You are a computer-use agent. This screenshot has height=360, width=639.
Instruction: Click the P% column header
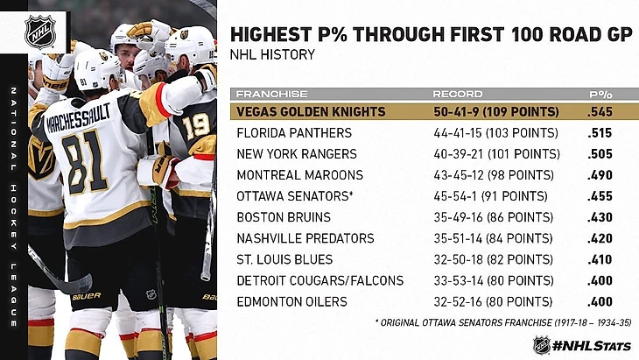coord(599,94)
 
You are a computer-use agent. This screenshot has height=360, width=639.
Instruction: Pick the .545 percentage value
coord(600,112)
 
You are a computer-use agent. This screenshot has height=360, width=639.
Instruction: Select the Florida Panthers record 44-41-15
coord(495,133)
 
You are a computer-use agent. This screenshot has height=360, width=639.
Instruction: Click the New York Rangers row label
coord(295,154)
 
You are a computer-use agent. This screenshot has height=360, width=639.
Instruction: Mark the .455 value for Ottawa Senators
coord(600,196)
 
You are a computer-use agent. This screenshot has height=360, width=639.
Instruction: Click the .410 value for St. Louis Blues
coord(600,259)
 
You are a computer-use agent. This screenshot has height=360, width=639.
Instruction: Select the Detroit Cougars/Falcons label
coord(320,280)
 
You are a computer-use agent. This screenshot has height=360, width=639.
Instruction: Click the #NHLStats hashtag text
coord(592,344)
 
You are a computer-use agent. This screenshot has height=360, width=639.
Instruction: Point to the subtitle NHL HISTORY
coord(271,54)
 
